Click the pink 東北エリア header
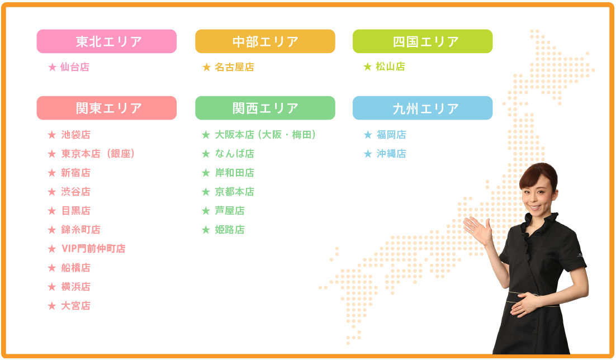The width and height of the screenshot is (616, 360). click(106, 41)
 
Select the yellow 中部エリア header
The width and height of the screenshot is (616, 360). click(265, 41)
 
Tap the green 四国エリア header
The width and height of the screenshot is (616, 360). click(423, 41)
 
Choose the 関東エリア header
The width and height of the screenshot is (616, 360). click(106, 108)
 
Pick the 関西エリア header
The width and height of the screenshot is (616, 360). click(265, 108)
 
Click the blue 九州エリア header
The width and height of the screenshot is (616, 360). click(423, 108)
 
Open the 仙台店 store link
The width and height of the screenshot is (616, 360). click(75, 67)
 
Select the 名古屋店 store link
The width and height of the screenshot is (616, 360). click(235, 67)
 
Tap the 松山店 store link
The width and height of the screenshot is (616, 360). click(390, 67)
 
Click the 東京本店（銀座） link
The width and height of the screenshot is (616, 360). click(98, 154)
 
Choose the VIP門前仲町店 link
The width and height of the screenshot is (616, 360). click(93, 249)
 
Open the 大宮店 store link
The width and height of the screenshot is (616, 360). click(76, 306)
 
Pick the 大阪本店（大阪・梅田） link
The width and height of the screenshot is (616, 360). click(266, 135)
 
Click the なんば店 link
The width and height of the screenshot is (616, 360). click(235, 154)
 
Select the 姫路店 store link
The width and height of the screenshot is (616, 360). click(230, 230)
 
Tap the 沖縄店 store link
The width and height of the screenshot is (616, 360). click(391, 154)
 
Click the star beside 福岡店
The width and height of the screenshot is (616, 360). click(368, 135)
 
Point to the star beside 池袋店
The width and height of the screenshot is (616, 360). click(52, 135)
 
